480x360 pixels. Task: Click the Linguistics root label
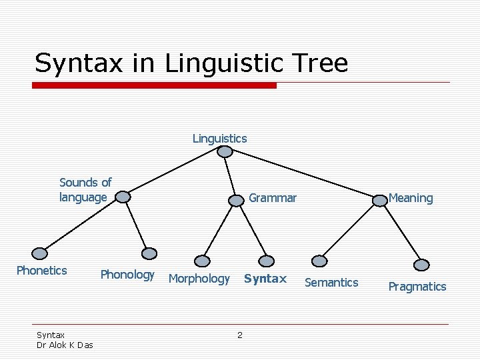(219, 139)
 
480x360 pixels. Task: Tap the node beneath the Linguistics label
(225, 152)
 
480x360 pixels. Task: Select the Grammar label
(273, 197)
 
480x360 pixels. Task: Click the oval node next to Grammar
(237, 200)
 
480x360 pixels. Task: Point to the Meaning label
(411, 198)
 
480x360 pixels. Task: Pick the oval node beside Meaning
(380, 200)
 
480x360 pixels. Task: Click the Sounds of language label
(85, 189)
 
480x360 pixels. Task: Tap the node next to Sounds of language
(122, 197)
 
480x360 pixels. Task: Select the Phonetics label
(41, 270)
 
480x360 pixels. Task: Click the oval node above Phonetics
(41, 253)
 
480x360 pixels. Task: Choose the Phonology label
(127, 274)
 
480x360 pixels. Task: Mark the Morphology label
(199, 278)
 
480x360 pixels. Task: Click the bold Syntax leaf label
(265, 278)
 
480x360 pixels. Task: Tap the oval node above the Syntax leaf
(266, 261)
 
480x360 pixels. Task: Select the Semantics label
(331, 282)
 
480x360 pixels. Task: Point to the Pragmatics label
(417, 286)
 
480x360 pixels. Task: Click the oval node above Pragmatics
(421, 264)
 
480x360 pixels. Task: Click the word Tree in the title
(323, 63)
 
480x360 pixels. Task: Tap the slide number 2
(240, 335)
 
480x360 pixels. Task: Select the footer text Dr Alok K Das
(65, 345)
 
